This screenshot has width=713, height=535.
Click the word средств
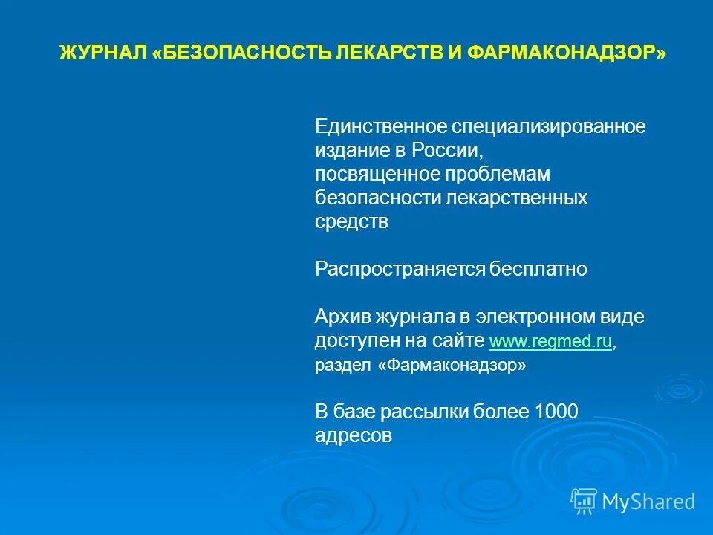coord(351,221)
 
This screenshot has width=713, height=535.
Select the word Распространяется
coord(400,269)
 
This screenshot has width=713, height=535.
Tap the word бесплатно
coord(538,269)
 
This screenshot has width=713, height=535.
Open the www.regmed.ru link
coord(550,342)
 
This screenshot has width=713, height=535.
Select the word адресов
coord(353,436)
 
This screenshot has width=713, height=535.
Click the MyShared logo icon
coord(584,501)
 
